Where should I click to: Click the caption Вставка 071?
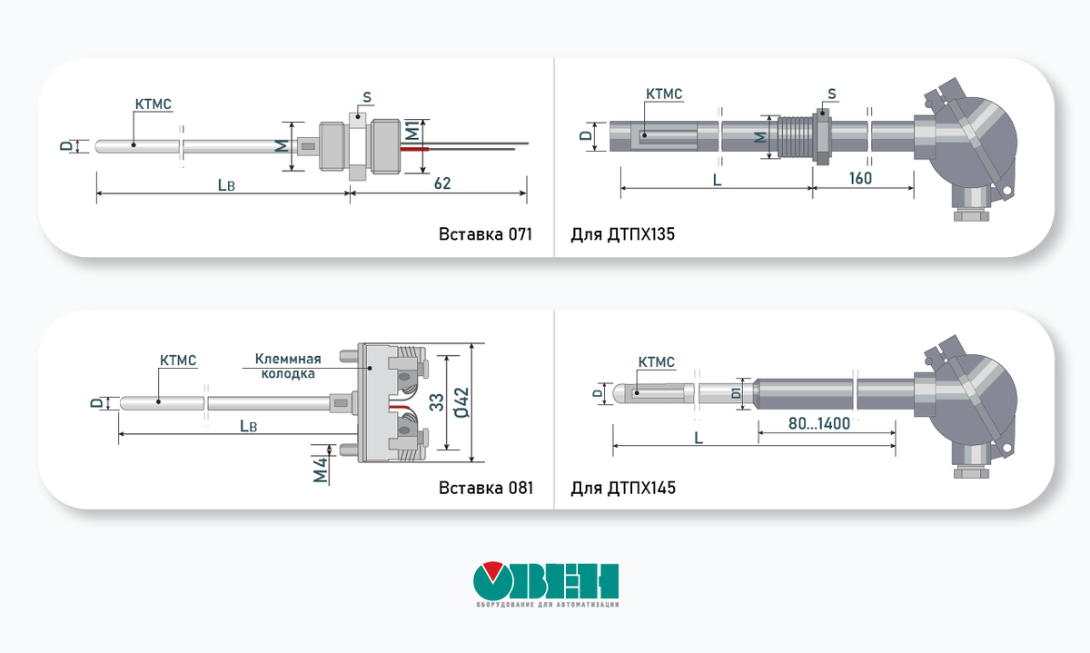pos(485,234)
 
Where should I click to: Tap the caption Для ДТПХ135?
pos(623,234)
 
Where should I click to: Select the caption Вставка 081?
pos(486,488)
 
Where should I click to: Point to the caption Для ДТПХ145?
pos(623,488)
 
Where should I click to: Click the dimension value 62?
pos(442,183)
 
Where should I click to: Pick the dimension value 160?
pos(860,178)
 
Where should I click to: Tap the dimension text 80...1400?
pos(819,423)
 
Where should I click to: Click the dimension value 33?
pos(437,402)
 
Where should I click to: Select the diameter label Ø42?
pos(461,402)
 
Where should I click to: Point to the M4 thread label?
pos(320,470)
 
